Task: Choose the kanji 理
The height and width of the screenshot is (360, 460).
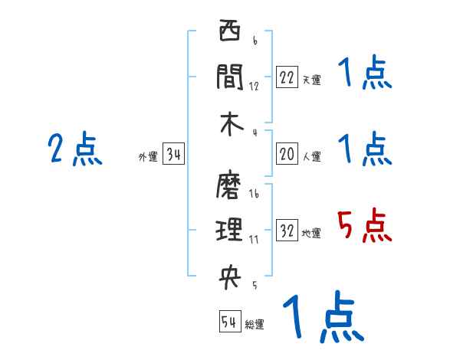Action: [x=230, y=229]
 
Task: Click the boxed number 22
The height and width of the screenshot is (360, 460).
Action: [x=287, y=77]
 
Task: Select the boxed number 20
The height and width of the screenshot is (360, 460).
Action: [x=287, y=154]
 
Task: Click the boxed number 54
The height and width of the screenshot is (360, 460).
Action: [x=229, y=322]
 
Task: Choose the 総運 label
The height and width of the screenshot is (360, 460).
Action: [x=255, y=325]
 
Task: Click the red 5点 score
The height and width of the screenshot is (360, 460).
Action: [x=365, y=227]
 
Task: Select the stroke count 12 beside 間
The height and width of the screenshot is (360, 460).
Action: [x=254, y=86]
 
